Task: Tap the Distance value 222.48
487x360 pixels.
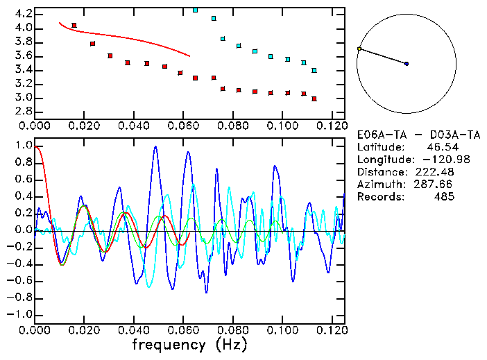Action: (435, 172)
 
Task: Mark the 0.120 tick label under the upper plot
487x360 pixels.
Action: (332, 126)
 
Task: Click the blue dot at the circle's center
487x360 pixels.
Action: (407, 64)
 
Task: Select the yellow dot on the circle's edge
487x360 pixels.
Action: (359, 49)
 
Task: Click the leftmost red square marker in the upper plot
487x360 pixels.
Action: (74, 26)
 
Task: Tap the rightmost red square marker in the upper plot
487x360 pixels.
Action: (314, 99)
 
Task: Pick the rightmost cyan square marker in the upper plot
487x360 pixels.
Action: (314, 71)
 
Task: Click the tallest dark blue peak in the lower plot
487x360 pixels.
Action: (155, 147)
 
